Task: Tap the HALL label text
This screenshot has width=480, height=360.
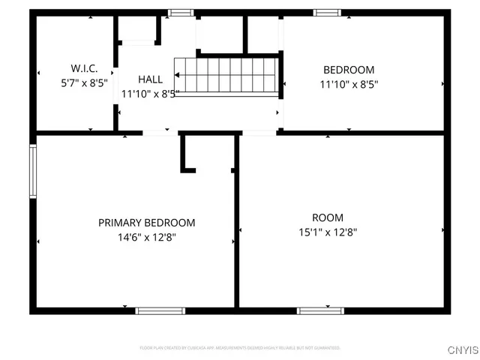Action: [x=150, y=79]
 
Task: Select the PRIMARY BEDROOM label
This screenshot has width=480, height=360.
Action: [x=147, y=223]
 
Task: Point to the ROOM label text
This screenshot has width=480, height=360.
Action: [x=328, y=218]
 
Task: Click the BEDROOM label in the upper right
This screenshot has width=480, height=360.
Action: [x=349, y=70]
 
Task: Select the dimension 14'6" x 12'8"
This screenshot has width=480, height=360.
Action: [x=147, y=237]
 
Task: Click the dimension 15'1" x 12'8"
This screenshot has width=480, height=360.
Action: [x=328, y=232]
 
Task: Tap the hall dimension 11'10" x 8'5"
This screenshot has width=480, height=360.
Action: [x=150, y=94]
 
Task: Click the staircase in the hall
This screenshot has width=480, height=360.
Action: [x=226, y=77]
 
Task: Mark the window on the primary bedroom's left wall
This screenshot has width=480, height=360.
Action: [x=32, y=171]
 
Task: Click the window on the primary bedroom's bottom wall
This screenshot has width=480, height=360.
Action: [x=160, y=310]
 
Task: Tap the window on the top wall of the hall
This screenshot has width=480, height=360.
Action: [x=180, y=12]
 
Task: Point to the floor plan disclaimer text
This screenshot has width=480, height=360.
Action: [x=240, y=348]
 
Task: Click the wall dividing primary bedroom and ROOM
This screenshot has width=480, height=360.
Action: [x=236, y=225]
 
